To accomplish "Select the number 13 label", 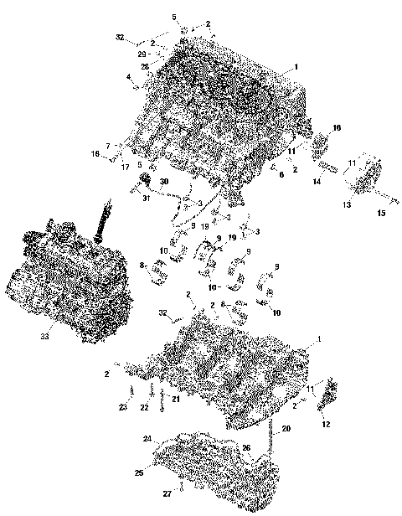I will point(346,203).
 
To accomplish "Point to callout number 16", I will point(337,127).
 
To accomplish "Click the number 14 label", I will point(317,181).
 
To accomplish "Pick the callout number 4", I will point(128,77).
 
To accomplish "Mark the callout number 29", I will point(142,54).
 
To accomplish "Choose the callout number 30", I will point(164,182).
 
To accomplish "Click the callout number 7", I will point(107,146).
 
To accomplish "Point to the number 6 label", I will point(282,174).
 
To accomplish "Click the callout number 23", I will point(122,407).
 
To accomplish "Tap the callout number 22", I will point(144,407).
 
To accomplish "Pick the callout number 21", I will point(176,399).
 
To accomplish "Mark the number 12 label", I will point(326,425).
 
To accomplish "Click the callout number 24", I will point(147,439).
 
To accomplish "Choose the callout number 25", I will point(139,474).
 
